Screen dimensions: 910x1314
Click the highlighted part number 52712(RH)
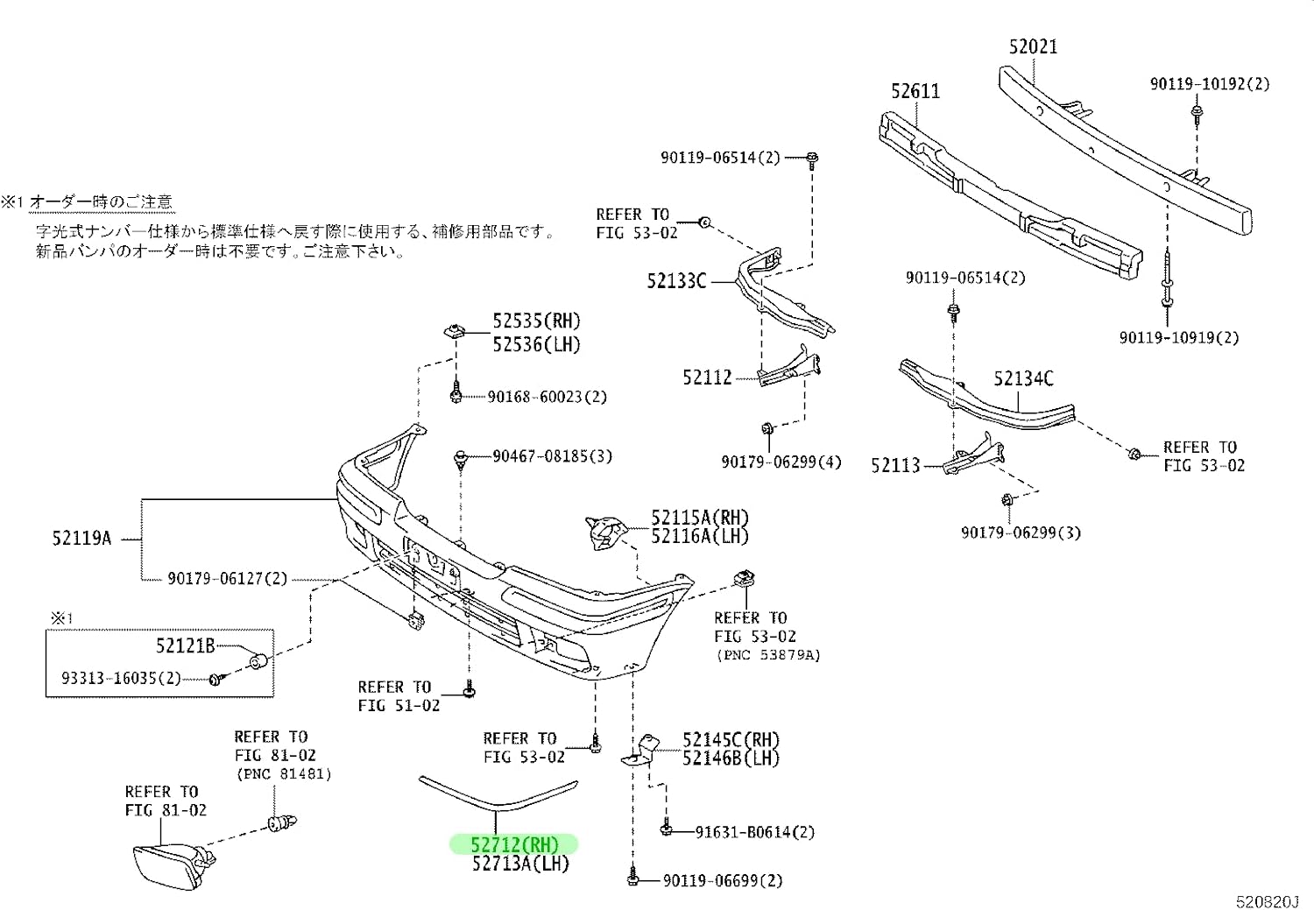click(514, 844)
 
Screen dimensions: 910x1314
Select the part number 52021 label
click(1033, 46)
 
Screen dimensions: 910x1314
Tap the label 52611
click(915, 91)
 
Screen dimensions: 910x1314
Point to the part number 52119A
click(81, 539)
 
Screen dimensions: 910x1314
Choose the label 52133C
click(676, 281)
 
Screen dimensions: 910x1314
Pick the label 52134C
click(1023, 378)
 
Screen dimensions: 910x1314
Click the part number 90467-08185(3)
click(552, 456)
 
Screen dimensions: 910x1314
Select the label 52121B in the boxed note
click(185, 646)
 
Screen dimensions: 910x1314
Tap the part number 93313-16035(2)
click(121, 678)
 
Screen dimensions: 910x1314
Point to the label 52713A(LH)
click(520, 864)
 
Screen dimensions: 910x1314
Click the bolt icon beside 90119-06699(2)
click(632, 878)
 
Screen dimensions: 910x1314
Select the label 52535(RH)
click(536, 321)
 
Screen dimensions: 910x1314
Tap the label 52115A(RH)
click(699, 518)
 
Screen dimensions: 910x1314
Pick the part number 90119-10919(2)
click(1178, 337)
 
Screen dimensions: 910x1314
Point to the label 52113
click(895, 466)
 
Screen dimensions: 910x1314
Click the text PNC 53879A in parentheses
click(767, 655)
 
